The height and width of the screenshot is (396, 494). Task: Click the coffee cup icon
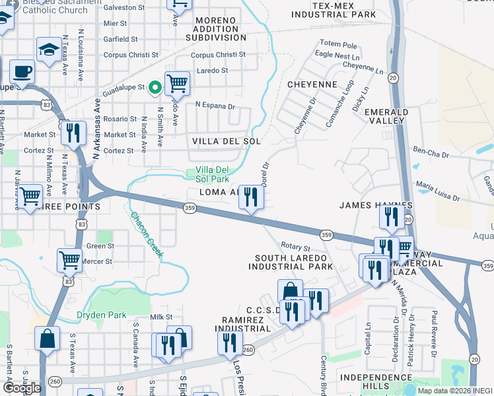[22, 71]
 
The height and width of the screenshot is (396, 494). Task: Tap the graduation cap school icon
[49, 49]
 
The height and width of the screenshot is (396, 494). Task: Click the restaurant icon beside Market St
[73, 132]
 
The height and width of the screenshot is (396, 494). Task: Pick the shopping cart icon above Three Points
[30, 196]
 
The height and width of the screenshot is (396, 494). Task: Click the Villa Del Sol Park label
[212, 174]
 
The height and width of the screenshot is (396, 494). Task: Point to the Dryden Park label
[100, 315]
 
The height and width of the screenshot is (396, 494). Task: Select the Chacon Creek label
[145, 235]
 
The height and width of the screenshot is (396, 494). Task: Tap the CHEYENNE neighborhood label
[312, 85]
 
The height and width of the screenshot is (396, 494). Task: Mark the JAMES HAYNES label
[376, 205]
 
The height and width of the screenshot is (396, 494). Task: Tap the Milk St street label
[160, 317]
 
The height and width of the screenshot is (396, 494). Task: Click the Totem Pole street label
[339, 46]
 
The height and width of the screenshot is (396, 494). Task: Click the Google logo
[22, 388]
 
